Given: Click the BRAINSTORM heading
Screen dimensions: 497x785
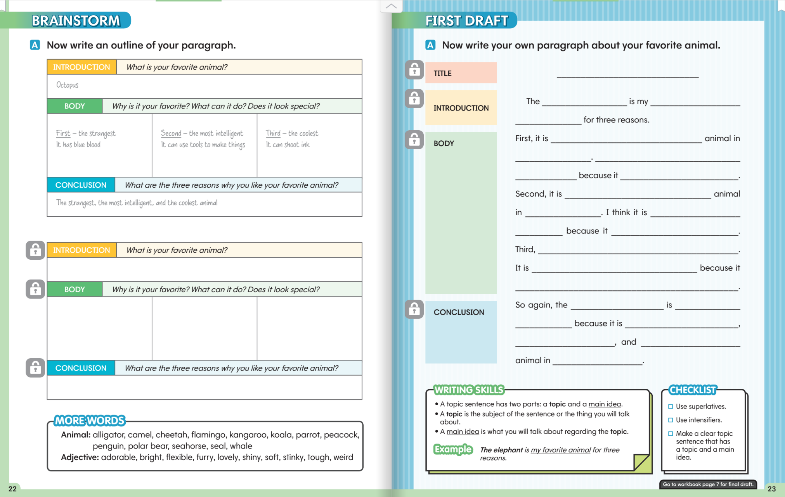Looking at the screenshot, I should point(76,21).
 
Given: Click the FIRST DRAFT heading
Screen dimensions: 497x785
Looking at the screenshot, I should point(466,21).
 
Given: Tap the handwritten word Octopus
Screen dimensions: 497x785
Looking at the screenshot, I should point(67,85).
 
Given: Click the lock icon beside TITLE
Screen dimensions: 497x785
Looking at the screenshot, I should point(414,70).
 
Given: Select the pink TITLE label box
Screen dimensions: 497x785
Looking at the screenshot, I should point(461,73).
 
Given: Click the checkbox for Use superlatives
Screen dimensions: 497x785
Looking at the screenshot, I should point(671,406).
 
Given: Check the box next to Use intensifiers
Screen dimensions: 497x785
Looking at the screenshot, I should point(671,420).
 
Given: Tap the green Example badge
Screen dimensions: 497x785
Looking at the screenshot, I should point(453,449).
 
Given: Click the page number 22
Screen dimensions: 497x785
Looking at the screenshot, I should point(12,488).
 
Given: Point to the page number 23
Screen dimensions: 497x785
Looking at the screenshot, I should point(771,488).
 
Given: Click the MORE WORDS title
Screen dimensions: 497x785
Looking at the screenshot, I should point(90,421).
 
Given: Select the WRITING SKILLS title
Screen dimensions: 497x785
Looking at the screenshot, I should point(469,390).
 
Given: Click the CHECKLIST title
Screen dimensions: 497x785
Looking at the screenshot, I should point(693,390).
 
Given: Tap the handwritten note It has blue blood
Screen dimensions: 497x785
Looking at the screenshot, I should point(78,145).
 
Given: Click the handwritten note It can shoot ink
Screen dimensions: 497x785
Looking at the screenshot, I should point(288,145).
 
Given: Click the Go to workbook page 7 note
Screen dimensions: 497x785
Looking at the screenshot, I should point(708,484).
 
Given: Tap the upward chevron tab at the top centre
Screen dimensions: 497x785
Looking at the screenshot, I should point(391,6).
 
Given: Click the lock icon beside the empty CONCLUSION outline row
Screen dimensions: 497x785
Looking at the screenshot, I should point(35,368).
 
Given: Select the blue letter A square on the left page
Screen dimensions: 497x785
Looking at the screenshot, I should point(35,45).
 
